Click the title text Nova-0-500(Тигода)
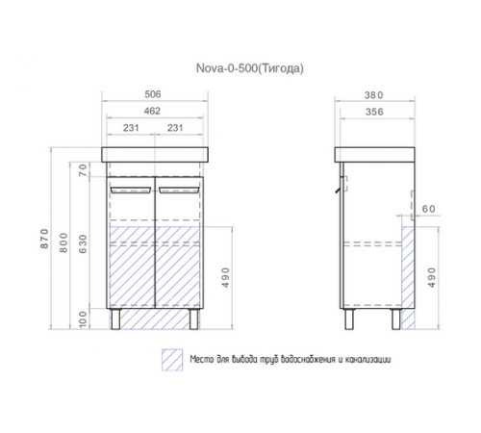[250, 68]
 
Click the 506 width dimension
[153, 94]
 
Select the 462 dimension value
[152, 111]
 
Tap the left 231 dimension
[131, 128]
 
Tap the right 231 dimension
[175, 128]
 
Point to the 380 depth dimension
[374, 95]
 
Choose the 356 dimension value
[374, 112]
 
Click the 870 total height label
[45, 239]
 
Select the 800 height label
[63, 242]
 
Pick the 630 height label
[83, 244]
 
